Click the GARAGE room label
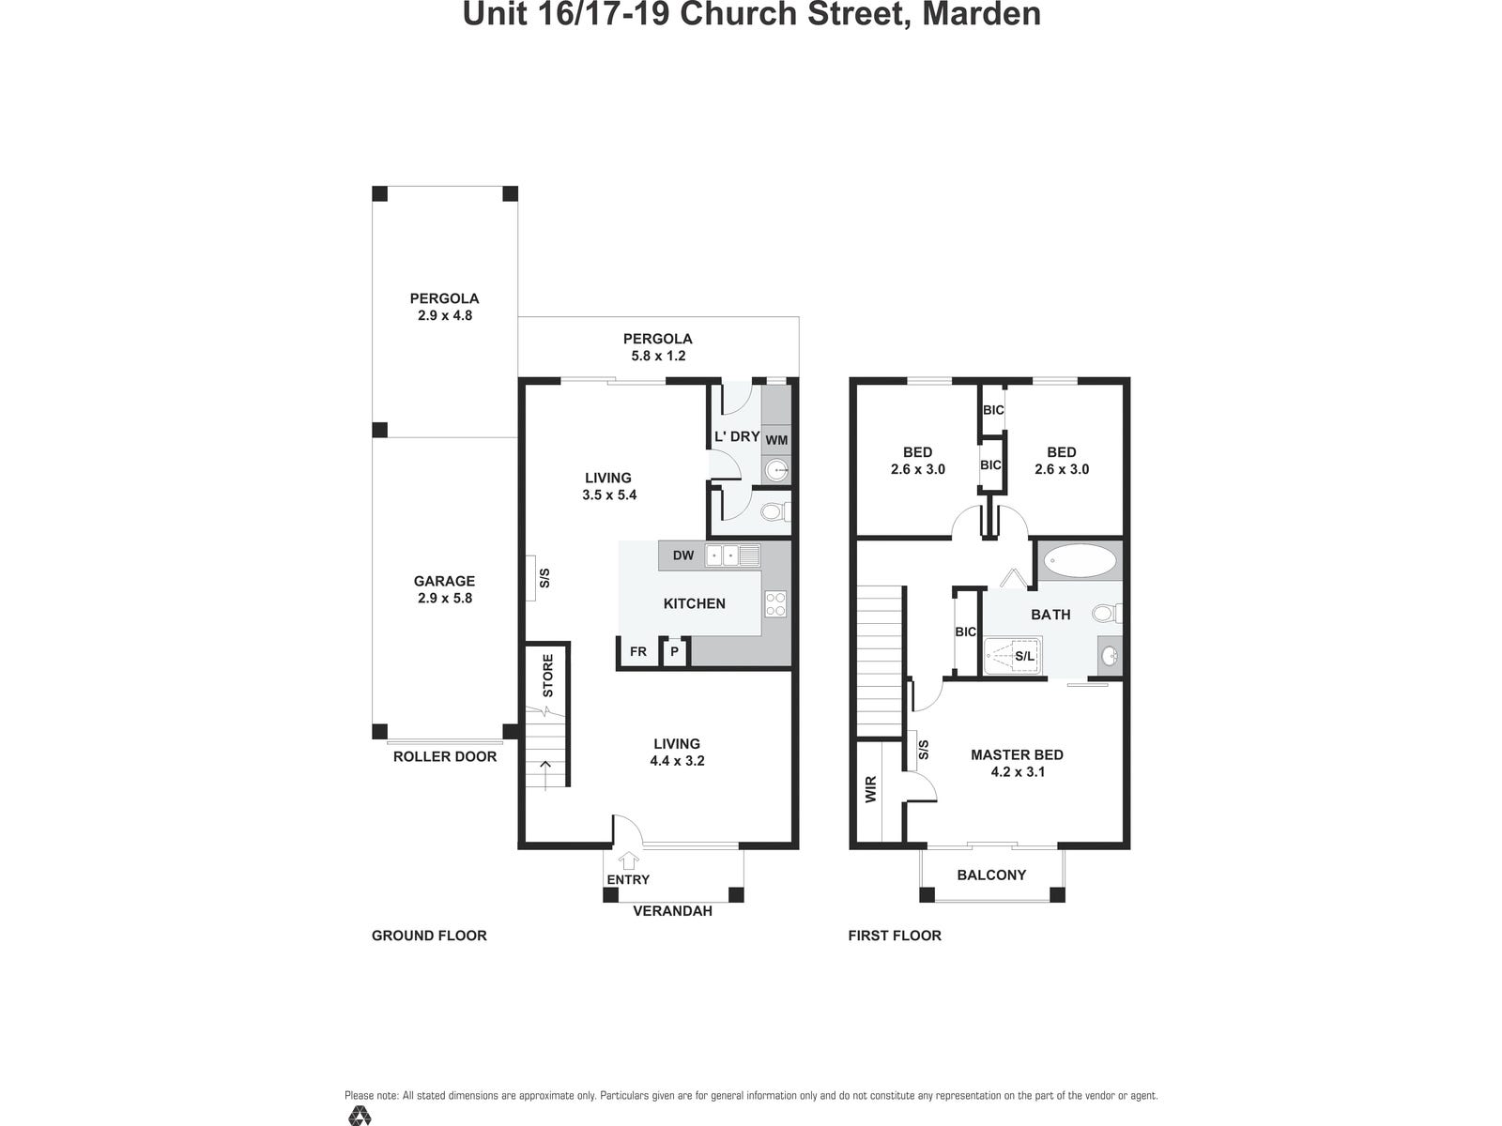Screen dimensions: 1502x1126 click(x=444, y=581)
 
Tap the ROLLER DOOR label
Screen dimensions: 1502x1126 click(x=444, y=756)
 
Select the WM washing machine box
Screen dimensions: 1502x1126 click(x=776, y=439)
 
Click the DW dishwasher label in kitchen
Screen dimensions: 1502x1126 click(x=683, y=555)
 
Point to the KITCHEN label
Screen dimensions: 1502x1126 click(x=694, y=603)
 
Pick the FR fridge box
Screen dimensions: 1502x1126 click(x=638, y=651)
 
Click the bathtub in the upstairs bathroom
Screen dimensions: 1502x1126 click(x=1081, y=562)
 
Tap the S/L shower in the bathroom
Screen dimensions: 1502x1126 click(x=1014, y=656)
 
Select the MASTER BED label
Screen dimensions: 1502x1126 click(x=1017, y=754)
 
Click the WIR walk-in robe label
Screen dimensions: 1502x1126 click(x=870, y=788)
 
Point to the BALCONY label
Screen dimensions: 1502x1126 click(x=991, y=875)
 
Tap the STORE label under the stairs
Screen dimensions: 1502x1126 click(x=547, y=676)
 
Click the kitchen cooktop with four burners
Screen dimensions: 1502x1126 click(x=775, y=603)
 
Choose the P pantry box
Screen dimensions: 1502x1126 click(x=674, y=652)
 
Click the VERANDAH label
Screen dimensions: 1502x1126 click(x=672, y=910)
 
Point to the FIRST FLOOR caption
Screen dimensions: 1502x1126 click(x=894, y=935)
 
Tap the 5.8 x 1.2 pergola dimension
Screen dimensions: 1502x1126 click(x=658, y=356)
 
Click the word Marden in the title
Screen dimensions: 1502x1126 click(x=982, y=14)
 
